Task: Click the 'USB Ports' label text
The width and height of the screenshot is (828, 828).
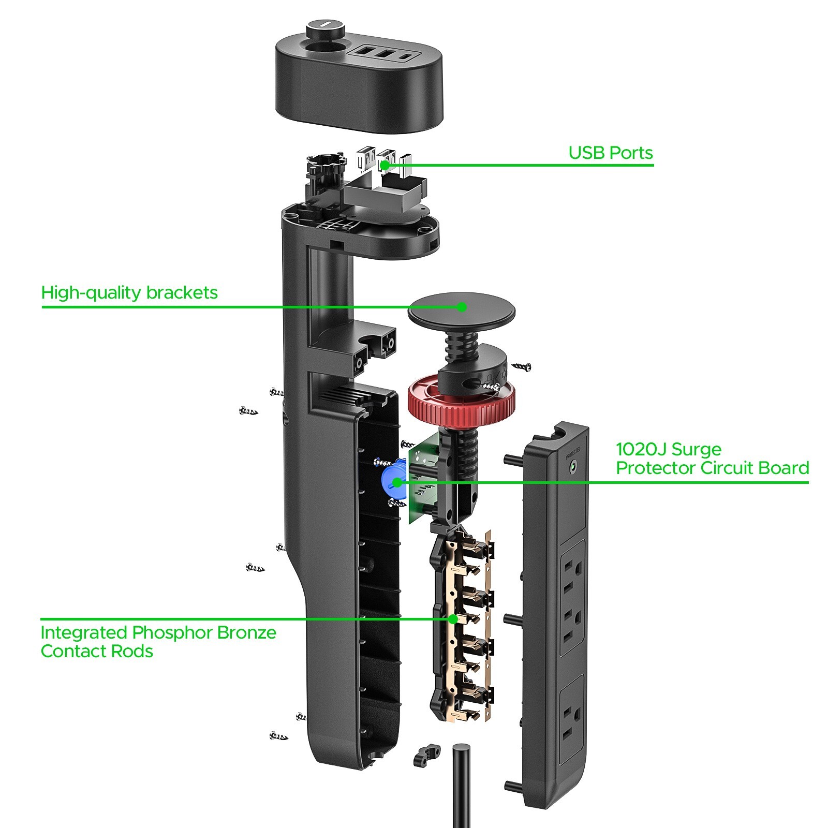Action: (611, 153)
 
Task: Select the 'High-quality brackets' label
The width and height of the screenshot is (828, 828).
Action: (129, 293)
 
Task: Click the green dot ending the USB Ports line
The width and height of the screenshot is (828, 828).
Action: (385, 165)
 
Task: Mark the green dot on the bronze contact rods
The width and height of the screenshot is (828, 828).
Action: (453, 618)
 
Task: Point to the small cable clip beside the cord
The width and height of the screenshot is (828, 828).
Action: (426, 755)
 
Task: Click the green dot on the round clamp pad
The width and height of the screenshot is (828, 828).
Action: (462, 307)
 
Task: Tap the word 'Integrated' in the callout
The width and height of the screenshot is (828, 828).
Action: (84, 633)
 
